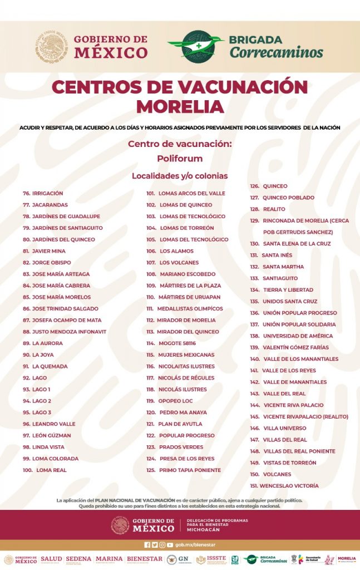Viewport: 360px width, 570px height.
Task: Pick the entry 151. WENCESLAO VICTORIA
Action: coord(284,485)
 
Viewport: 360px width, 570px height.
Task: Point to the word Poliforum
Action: coord(180,158)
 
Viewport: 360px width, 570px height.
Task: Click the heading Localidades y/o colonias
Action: coord(180,176)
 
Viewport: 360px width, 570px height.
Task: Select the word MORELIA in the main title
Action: coord(180,106)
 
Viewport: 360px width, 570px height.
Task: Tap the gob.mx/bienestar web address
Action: coord(195,545)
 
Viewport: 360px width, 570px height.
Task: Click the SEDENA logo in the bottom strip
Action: coord(78,559)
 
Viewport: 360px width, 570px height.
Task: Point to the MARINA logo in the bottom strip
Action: coord(109,559)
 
